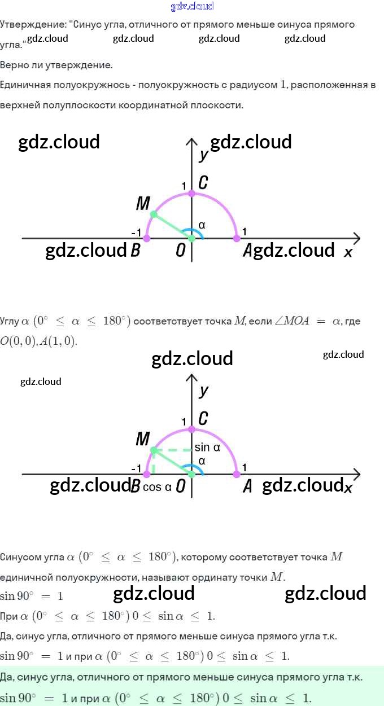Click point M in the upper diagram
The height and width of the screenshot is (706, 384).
click(153, 214)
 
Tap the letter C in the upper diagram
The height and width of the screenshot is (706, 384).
click(203, 182)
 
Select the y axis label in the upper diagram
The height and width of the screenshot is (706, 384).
click(204, 154)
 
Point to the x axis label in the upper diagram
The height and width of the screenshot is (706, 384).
click(348, 252)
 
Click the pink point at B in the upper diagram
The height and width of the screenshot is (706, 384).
click(147, 239)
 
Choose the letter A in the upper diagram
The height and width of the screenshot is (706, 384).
click(247, 251)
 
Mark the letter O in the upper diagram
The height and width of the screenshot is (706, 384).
click(180, 251)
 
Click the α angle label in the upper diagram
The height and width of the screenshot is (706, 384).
click(202, 225)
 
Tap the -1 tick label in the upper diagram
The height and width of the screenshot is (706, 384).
click(136, 233)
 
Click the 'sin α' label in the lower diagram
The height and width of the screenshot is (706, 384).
click(207, 448)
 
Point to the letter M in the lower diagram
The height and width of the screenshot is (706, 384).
click(142, 438)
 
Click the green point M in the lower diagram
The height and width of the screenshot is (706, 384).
click(153, 450)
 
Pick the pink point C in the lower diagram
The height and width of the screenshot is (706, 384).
click(191, 429)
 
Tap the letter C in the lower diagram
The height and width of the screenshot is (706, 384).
click(203, 418)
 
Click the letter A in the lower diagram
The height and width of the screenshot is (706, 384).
click(247, 486)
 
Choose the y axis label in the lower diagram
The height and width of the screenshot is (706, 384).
click(204, 390)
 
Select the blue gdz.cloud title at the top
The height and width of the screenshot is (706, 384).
click(192, 7)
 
